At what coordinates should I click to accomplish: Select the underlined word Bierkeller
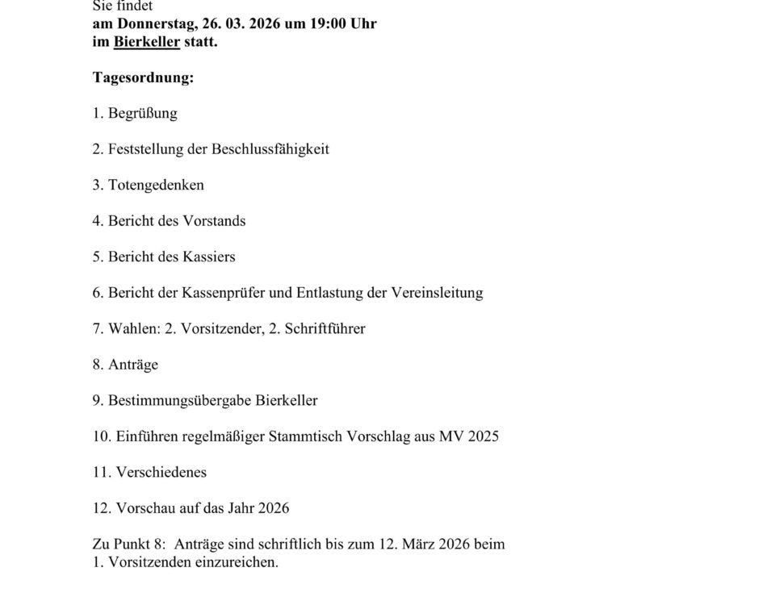tap(146, 41)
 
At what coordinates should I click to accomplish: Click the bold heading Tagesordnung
tap(143, 77)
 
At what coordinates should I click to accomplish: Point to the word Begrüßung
tap(143, 113)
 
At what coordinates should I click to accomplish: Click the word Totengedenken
tap(156, 185)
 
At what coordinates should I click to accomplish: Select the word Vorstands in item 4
tap(214, 220)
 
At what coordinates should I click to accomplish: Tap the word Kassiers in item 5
tap(209, 257)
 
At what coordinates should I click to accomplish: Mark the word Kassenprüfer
tap(226, 292)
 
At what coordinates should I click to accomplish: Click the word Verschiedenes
tap(161, 472)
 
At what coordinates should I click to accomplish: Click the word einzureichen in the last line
tap(237, 562)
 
